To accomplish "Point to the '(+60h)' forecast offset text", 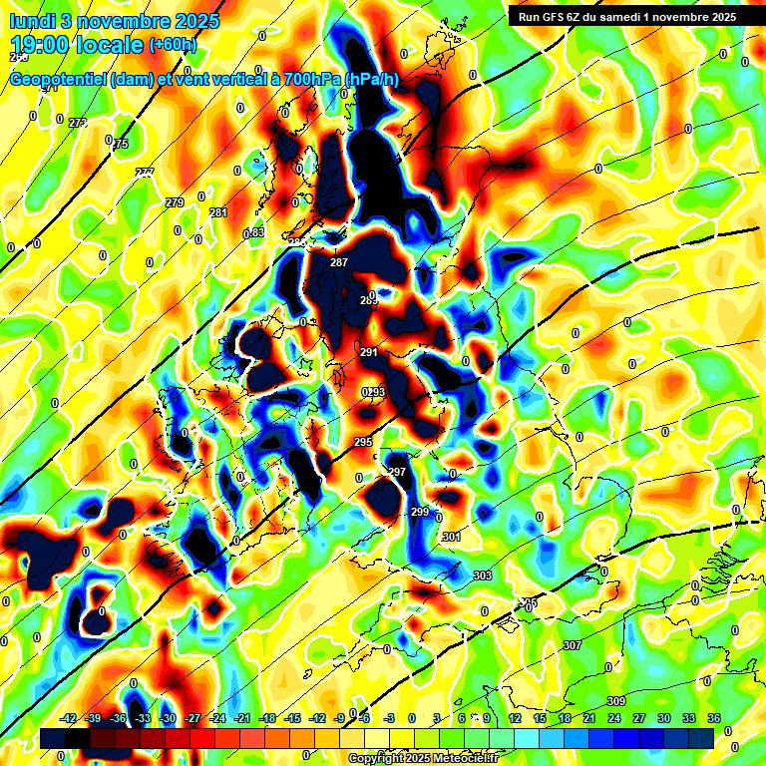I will [172, 45].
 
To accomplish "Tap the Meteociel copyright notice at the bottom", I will [423, 758].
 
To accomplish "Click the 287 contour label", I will [339, 262].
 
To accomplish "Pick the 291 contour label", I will [369, 352].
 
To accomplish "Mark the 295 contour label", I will [363, 442].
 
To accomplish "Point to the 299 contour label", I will [420, 512].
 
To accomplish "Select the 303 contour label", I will [483, 575].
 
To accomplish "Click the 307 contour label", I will [572, 645].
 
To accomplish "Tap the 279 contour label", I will [175, 202].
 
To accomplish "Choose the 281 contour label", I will [218, 212].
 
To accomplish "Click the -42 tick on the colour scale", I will [69, 718].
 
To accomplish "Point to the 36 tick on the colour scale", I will [713, 718].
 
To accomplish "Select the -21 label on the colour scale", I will [241, 718].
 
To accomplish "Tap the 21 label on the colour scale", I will [589, 718].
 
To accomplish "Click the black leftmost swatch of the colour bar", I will [54, 737].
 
